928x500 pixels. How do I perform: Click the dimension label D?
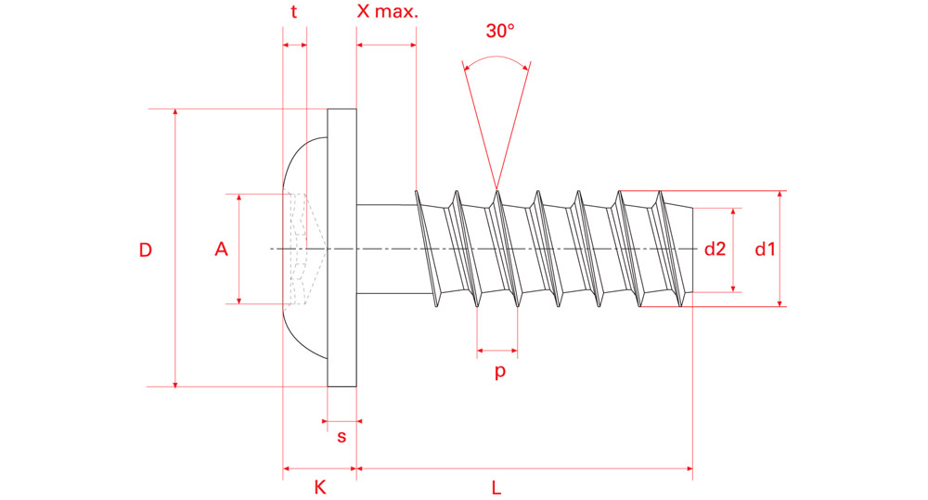[x=146, y=250]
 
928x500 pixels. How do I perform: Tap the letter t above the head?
[x=294, y=12]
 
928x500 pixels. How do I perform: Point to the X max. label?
[x=388, y=12]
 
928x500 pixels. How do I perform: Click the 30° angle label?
[x=499, y=30]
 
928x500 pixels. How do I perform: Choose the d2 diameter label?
[x=715, y=249]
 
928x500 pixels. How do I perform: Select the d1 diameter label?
[x=765, y=249]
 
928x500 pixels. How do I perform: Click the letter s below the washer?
[x=342, y=436]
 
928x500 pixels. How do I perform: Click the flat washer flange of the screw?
[x=342, y=248]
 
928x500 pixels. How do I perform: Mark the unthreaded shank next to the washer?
[x=384, y=248]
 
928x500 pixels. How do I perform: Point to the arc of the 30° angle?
[x=497, y=58]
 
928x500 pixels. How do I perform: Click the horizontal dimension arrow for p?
[x=497, y=351]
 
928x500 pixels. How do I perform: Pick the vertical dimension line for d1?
[x=780, y=278]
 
